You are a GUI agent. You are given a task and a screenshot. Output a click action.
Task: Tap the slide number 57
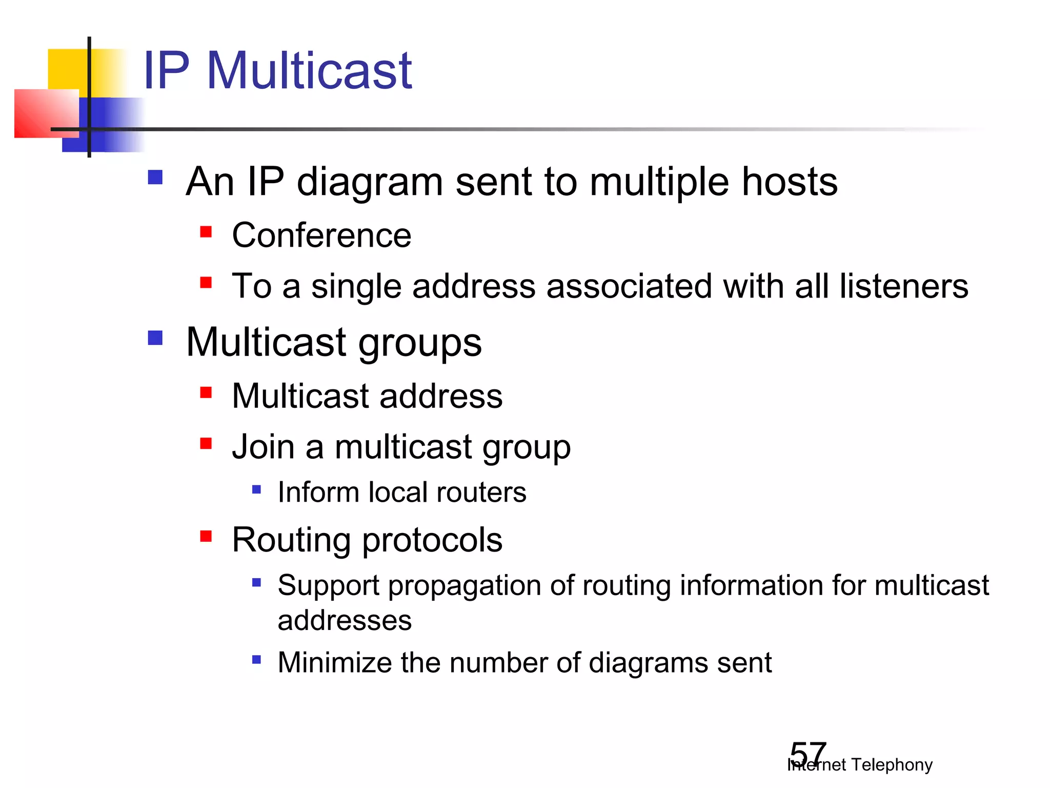click(808, 754)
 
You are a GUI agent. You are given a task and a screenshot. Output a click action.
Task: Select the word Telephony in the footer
click(892, 764)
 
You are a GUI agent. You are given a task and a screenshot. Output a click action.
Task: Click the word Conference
click(321, 235)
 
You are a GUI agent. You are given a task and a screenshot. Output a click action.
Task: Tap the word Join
click(263, 446)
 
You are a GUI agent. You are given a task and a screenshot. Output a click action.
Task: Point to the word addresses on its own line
click(345, 621)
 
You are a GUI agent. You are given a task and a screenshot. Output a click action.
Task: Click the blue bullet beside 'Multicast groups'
click(155, 338)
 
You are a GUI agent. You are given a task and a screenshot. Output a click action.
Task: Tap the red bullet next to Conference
click(206, 232)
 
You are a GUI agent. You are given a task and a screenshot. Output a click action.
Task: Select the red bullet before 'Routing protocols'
click(206, 537)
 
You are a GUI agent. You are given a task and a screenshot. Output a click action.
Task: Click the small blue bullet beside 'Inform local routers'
click(257, 489)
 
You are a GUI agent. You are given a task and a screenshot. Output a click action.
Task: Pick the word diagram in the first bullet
click(370, 183)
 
